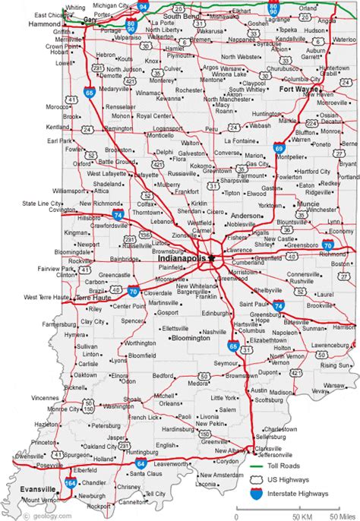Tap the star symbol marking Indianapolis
click(x=213, y=258)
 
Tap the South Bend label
click(x=181, y=15)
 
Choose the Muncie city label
click(x=309, y=204)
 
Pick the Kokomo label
click(x=201, y=165)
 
